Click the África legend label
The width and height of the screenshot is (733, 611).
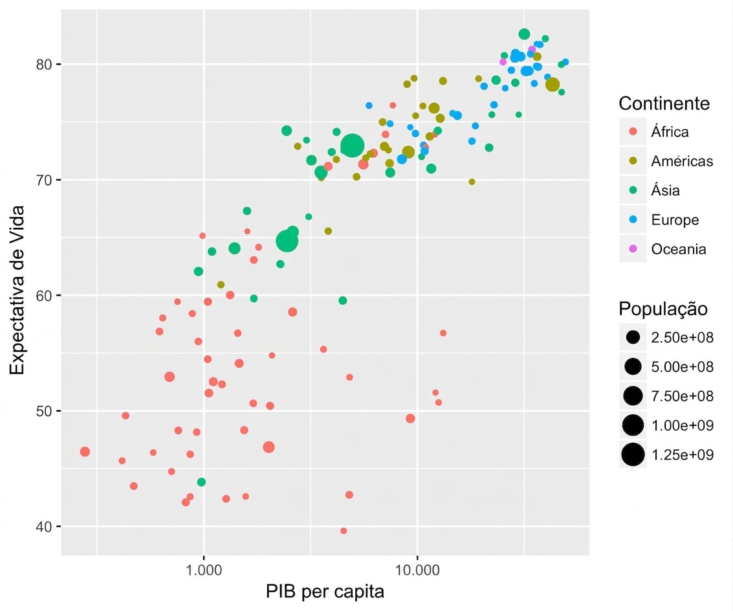coord(670,132)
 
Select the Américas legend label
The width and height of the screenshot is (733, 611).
coord(682,161)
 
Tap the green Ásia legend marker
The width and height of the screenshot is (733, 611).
coord(633,190)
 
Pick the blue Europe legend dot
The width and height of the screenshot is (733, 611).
coord(633,219)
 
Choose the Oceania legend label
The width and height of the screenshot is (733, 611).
coord(678,249)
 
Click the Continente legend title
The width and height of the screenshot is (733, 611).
coord(664,104)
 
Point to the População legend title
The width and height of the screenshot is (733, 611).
coord(663,309)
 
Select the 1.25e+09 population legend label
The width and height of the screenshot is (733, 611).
coord(682,455)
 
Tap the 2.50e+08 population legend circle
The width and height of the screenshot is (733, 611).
coord(633,337)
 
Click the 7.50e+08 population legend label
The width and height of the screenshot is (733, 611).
coord(682,396)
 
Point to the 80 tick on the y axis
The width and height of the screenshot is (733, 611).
coord(43,64)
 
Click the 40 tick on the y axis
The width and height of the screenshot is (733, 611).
coord(43,527)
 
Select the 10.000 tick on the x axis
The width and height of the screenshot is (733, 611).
coord(417,570)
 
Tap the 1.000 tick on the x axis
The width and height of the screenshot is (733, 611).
coord(203,570)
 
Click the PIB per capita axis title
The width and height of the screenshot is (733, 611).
coord(325,592)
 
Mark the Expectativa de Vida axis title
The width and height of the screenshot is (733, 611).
coord(17,290)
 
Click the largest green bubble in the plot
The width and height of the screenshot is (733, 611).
coord(352,146)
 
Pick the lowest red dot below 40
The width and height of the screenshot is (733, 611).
coord(344,531)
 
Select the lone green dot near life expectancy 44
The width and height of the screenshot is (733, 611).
coord(201,482)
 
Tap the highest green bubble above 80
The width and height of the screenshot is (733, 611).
coord(524,34)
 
